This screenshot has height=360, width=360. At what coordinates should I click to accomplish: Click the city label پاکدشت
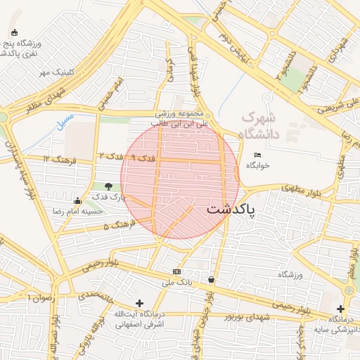(x=231, y=210)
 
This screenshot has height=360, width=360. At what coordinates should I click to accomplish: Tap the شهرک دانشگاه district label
(x=259, y=125)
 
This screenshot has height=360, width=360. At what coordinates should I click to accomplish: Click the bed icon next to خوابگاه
(x=257, y=155)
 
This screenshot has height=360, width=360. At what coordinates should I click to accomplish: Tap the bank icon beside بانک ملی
(x=176, y=271)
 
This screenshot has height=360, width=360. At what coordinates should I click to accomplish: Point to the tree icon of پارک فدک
(x=108, y=186)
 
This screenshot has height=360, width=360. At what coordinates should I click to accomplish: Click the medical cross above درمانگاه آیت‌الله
(x=139, y=302)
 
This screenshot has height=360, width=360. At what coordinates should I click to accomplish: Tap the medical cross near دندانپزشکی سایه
(x=341, y=309)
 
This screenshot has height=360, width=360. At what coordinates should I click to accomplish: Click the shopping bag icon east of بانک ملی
(x=212, y=280)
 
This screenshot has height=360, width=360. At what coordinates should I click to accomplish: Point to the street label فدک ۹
(x=143, y=157)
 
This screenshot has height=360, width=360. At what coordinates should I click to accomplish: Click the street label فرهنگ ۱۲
(x=55, y=158)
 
